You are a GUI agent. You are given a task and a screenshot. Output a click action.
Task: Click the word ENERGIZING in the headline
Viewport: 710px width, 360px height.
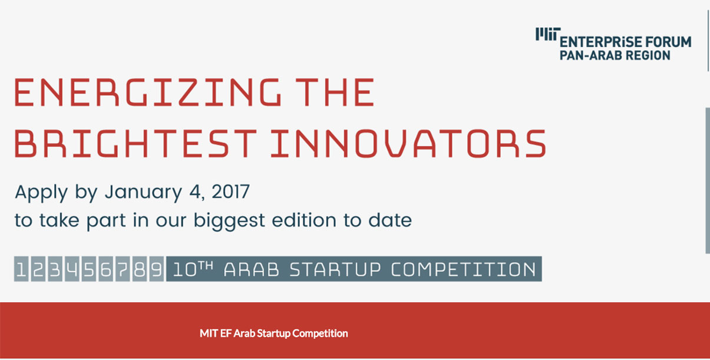[148, 93]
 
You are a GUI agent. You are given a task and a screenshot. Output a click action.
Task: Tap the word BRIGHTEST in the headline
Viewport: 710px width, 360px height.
[136, 144]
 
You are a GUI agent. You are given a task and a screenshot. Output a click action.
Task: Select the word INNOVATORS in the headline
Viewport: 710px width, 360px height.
[408, 144]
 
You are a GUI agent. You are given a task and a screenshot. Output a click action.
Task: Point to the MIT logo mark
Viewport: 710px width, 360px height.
[548, 34]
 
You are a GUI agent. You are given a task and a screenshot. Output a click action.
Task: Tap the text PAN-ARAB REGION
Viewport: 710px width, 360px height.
[615, 55]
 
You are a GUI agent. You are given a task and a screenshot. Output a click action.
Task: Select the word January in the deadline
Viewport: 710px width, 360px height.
[144, 192]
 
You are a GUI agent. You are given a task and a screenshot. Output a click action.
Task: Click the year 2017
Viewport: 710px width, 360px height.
[230, 191]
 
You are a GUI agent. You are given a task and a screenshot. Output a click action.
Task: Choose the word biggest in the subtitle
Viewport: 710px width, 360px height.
[229, 221]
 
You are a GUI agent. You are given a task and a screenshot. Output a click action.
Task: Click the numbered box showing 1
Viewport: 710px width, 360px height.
[22, 269]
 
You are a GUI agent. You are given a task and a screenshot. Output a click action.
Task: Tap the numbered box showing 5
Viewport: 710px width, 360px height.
[89, 269]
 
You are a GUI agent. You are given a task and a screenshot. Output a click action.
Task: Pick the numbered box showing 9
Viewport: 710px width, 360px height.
[157, 269]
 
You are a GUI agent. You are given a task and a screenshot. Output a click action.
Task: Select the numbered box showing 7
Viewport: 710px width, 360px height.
[123, 269]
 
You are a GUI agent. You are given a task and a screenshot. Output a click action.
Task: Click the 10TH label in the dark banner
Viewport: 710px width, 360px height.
[193, 269]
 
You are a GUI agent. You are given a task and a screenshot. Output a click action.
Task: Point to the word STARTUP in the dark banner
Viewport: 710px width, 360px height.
[335, 270]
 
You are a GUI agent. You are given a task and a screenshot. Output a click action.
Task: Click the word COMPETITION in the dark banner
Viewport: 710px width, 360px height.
[463, 270]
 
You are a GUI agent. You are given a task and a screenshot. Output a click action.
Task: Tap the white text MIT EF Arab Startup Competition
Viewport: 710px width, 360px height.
[273, 333]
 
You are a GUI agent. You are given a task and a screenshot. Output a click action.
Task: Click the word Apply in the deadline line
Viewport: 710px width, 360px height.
[41, 192]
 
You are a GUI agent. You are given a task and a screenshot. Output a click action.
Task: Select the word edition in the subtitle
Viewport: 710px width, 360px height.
[304, 220]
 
